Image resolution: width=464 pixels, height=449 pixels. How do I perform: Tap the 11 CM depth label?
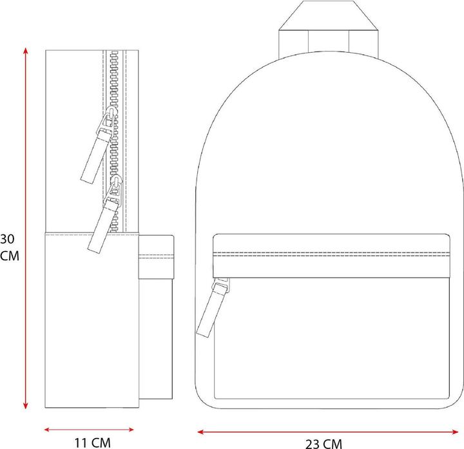coord(92,443)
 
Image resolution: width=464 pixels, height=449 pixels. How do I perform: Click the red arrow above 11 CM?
coord(89,428)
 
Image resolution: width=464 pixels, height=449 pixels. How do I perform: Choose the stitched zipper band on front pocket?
coord(331,251)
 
